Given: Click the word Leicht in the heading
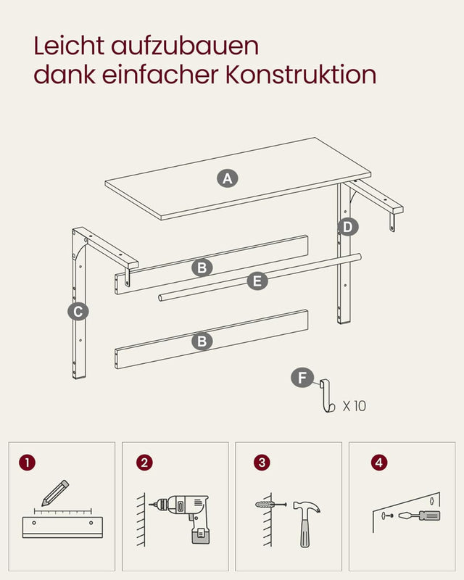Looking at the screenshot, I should pyautogui.click(x=69, y=46).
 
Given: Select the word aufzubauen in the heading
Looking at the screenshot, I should pyautogui.click(x=186, y=46).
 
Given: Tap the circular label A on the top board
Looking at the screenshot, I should pyautogui.click(x=228, y=178).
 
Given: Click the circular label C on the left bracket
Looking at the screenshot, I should pyautogui.click(x=78, y=312).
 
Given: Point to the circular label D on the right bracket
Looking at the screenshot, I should pyautogui.click(x=348, y=227).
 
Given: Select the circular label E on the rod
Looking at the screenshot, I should pyautogui.click(x=257, y=281).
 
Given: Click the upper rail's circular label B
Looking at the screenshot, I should pyautogui.click(x=202, y=268).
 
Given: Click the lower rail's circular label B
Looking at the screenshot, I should pyautogui.click(x=202, y=341).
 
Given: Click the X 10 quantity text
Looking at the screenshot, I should pyautogui.click(x=355, y=406).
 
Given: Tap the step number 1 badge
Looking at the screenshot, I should pyautogui.click(x=28, y=462).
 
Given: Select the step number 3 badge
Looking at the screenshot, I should pyautogui.click(x=261, y=462).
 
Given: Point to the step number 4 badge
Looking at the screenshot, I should pyautogui.click(x=378, y=462).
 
